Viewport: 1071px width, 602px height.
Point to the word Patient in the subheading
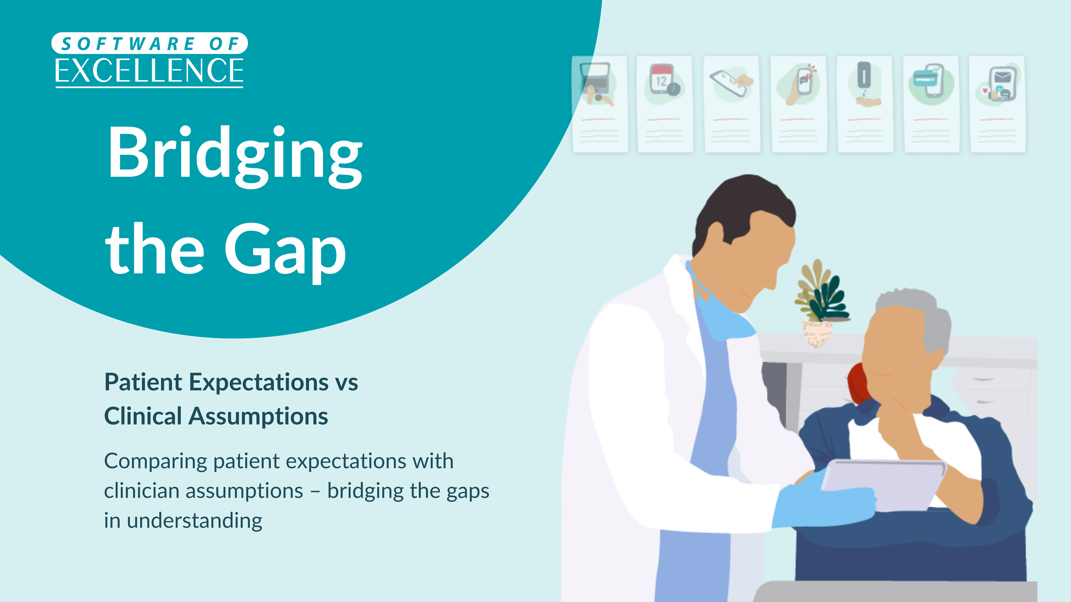(x=143, y=382)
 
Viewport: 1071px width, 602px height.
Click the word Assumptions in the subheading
(x=258, y=416)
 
